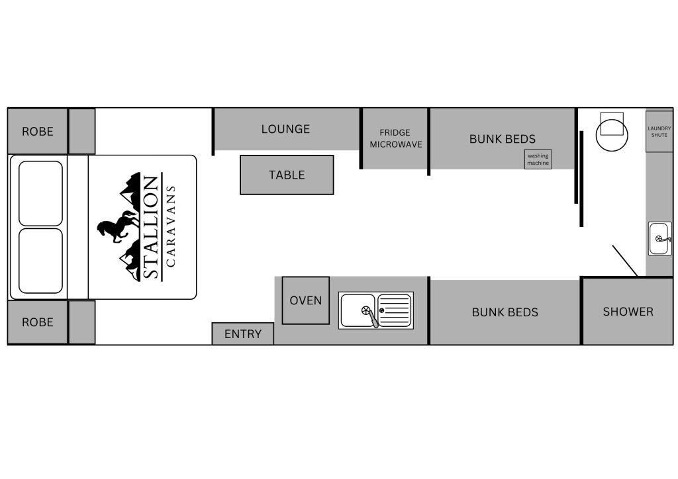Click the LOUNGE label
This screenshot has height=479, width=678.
(285, 129)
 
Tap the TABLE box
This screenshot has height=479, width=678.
(287, 175)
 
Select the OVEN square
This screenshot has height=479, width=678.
(306, 300)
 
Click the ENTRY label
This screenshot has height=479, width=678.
(243, 334)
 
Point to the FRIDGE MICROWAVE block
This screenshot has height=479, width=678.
(395, 138)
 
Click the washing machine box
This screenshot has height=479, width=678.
(538, 159)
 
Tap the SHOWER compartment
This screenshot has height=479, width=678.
(628, 312)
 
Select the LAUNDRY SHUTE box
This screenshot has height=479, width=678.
(659, 132)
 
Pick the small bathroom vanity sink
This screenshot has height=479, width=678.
(659, 239)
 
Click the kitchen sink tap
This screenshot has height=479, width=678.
(375, 318)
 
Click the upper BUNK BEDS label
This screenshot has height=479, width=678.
(503, 139)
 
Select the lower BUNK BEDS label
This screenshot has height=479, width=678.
(505, 312)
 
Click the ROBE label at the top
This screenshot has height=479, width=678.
(38, 131)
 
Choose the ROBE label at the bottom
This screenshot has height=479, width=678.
(38, 322)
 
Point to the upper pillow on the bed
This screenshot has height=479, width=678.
(41, 193)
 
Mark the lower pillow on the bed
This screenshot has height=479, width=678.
(41, 261)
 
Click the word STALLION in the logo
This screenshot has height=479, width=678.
(151, 228)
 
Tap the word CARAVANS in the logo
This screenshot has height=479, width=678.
(171, 226)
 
